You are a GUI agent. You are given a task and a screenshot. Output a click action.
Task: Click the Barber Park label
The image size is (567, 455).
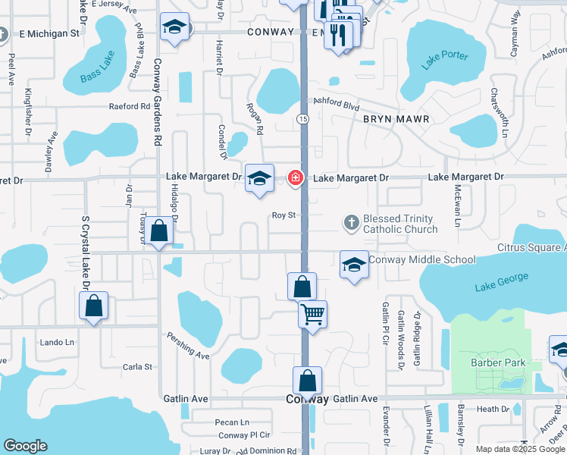(497, 362)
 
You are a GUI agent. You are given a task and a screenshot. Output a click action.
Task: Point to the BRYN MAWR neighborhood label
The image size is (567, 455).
(396, 120)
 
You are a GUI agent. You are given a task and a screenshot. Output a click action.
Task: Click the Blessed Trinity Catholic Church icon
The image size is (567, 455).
(351, 223)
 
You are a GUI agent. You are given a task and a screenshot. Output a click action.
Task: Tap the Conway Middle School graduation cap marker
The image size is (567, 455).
(354, 265)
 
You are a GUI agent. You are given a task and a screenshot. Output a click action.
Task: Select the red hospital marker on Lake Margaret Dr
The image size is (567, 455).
(295, 178)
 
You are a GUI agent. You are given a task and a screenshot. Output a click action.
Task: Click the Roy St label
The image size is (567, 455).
(283, 215)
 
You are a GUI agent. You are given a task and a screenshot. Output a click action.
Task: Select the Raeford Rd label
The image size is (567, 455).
(129, 107)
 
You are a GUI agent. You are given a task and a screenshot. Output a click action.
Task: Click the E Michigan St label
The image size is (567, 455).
(49, 33)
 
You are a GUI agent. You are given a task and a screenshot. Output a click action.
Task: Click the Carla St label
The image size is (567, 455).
(137, 367)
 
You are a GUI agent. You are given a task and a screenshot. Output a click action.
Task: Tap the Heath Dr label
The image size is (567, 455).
(493, 409)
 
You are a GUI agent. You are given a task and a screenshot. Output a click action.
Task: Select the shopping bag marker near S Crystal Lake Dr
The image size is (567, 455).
(93, 306)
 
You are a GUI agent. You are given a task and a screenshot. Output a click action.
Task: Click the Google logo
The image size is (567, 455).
(25, 446)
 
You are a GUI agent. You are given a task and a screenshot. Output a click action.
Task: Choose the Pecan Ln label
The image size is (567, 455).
(232, 422)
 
